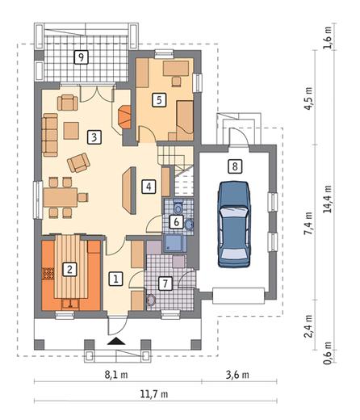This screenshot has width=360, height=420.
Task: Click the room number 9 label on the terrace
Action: click(x=81, y=57)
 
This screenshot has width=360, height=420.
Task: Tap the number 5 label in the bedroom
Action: click(x=159, y=100)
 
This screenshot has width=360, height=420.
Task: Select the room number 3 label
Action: click(x=94, y=137)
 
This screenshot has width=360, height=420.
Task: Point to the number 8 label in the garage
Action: click(x=235, y=166)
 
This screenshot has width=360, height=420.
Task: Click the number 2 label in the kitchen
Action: click(x=69, y=269)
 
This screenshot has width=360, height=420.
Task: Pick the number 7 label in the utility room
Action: click(x=165, y=283)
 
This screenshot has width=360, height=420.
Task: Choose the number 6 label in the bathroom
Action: click(x=177, y=222)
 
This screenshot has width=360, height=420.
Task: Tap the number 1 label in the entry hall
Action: click(x=116, y=279)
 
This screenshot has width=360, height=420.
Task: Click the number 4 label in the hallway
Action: click(x=149, y=187)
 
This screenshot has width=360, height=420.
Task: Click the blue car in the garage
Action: click(x=234, y=225)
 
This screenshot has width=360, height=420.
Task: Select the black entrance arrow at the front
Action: click(x=116, y=341)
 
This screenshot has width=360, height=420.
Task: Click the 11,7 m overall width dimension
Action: click(x=154, y=394)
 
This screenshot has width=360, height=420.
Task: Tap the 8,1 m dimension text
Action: click(x=116, y=375)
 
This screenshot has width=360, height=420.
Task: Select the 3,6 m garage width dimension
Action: click(x=237, y=375)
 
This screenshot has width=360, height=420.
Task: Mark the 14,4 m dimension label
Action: click(x=328, y=199)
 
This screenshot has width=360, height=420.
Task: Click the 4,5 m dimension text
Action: click(x=308, y=98)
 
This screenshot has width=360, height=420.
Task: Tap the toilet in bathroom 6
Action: click(x=178, y=207)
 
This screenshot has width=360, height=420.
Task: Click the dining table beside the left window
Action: click(x=61, y=197)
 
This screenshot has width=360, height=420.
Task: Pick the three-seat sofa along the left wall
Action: click(x=50, y=135)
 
